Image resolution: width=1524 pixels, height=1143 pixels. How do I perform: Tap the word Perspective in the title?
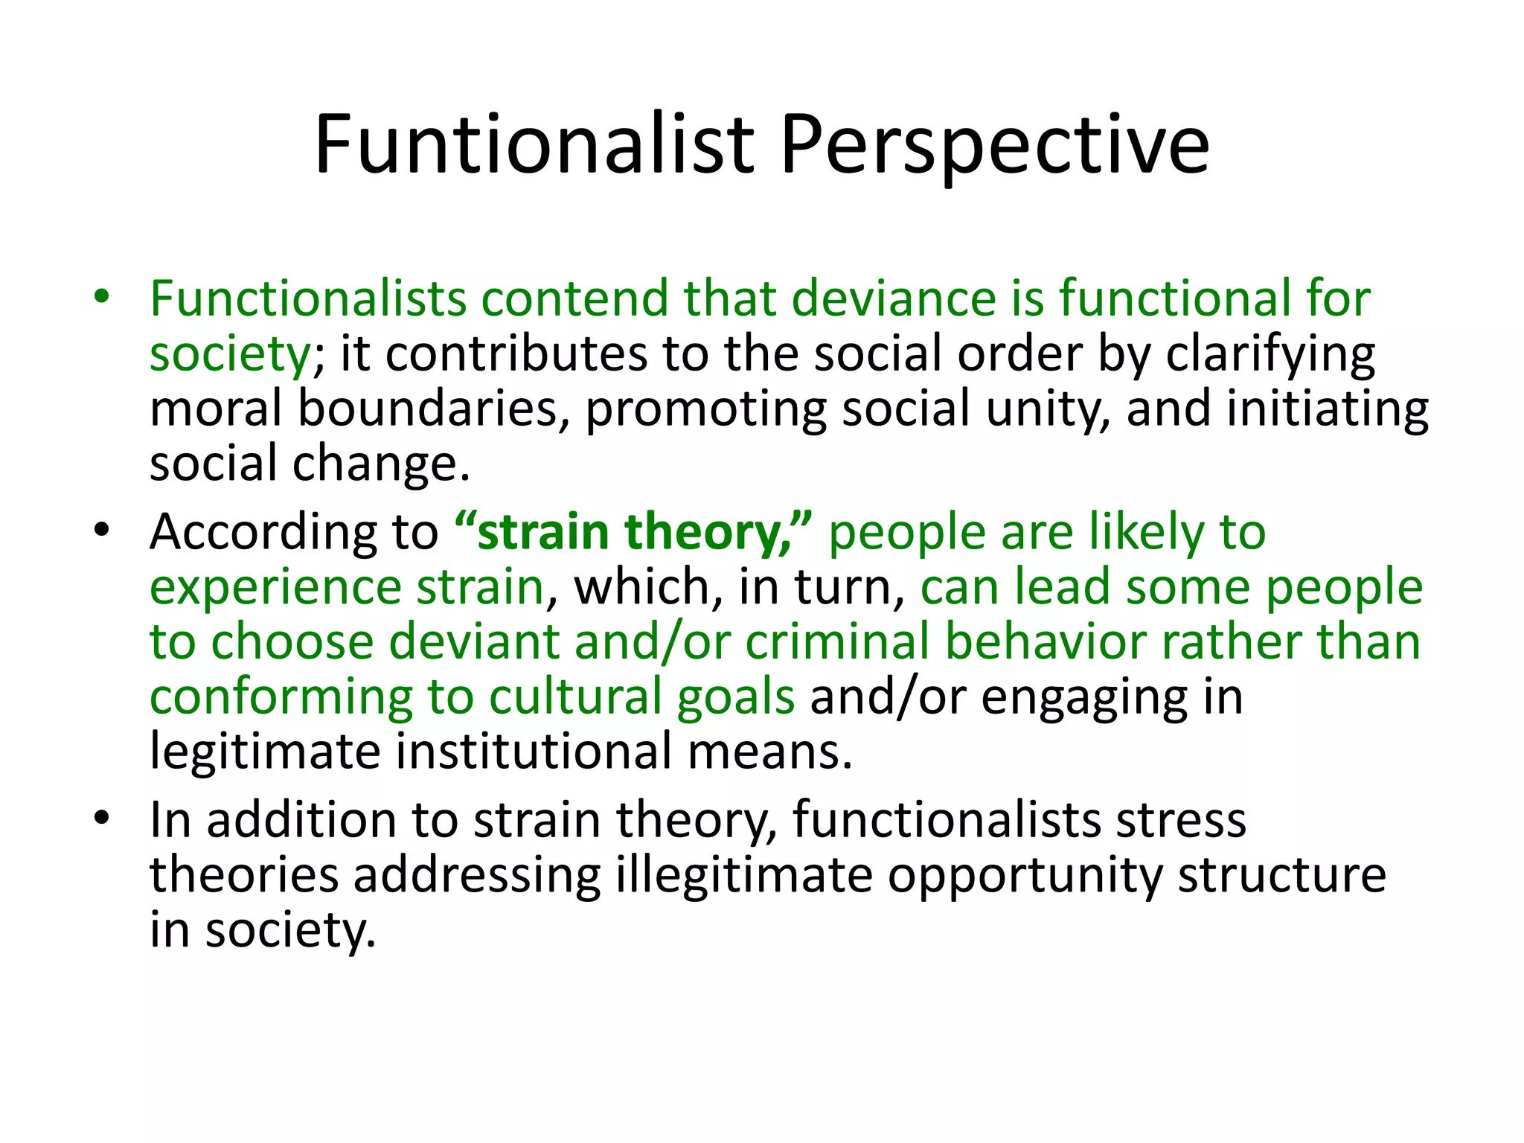[994, 146]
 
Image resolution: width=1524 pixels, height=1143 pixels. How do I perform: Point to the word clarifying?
[1270, 355]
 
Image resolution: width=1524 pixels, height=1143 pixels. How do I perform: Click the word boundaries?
[429, 409]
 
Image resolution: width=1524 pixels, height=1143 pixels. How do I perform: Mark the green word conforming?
[281, 698]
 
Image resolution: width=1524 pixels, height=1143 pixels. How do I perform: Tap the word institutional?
[533, 752]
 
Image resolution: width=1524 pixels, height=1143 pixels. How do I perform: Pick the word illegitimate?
[744, 876]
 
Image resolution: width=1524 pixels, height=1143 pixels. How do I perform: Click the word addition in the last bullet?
[301, 821]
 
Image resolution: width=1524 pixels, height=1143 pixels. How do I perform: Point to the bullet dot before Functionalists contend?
[102, 297]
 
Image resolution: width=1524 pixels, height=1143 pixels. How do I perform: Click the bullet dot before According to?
[102, 531]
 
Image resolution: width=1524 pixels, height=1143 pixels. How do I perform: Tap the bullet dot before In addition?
[102, 819]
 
